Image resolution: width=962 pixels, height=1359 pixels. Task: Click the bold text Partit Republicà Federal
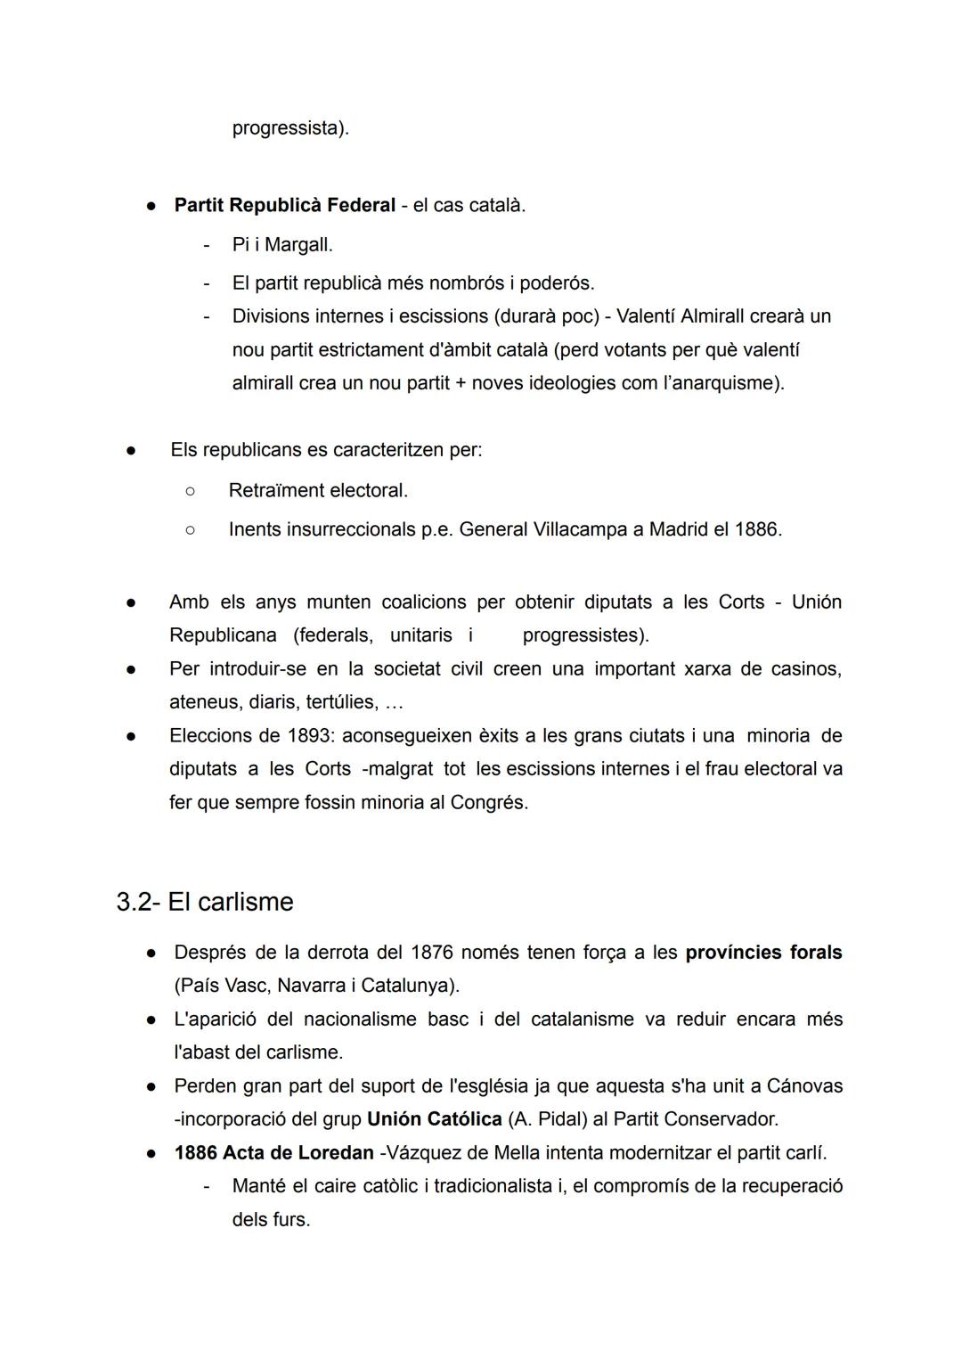click(284, 205)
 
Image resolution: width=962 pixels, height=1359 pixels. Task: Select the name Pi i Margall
click(281, 244)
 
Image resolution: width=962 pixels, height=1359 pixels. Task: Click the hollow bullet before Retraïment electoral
click(190, 490)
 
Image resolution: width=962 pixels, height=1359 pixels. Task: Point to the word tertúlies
click(340, 702)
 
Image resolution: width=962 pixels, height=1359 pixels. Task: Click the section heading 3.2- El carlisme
click(205, 902)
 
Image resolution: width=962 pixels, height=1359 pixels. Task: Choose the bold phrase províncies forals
click(763, 953)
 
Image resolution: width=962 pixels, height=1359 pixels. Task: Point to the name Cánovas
click(804, 1086)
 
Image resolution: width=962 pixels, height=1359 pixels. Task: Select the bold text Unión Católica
click(434, 1119)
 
